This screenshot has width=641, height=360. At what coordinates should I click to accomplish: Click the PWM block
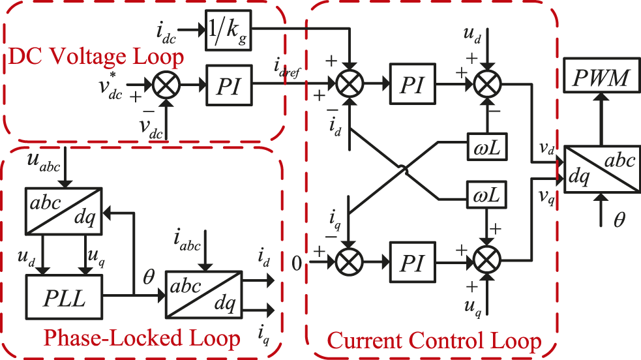[601, 80]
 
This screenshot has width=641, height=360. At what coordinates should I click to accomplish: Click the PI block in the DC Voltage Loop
[228, 85]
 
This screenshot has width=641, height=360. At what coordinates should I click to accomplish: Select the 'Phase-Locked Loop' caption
[142, 338]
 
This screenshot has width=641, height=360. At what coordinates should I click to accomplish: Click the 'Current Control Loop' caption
[434, 340]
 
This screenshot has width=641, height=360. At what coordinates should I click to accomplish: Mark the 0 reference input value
[297, 264]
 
